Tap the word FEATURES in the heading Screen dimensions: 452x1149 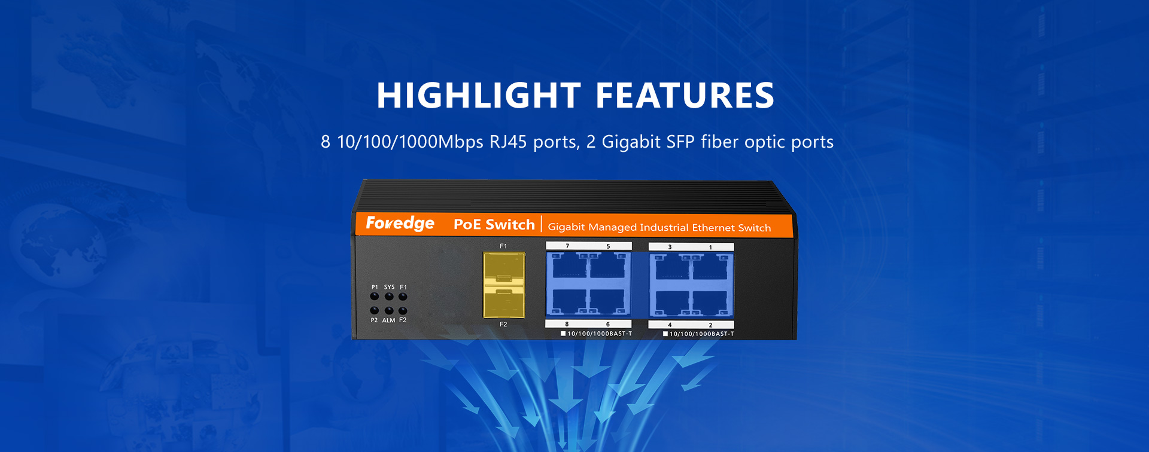pos(685,96)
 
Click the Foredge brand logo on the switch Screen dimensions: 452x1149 pos(400,223)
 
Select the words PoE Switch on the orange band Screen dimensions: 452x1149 pos(494,224)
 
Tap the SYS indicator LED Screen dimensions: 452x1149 pos(389,297)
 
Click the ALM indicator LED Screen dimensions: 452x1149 pos(389,311)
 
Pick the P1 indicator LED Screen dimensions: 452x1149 pos(375,297)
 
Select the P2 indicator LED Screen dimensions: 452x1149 pos(375,311)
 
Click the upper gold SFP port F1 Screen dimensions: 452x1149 pos(504,268)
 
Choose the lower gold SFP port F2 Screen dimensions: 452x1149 pos(504,301)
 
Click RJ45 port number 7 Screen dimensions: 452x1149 pos(568,265)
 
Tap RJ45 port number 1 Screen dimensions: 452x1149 pos(710,267)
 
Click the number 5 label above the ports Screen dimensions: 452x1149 pos(608,246)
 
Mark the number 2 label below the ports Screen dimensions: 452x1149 pos(710,325)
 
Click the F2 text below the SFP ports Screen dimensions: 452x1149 pos(503,324)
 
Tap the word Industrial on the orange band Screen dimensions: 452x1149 pos(664,227)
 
